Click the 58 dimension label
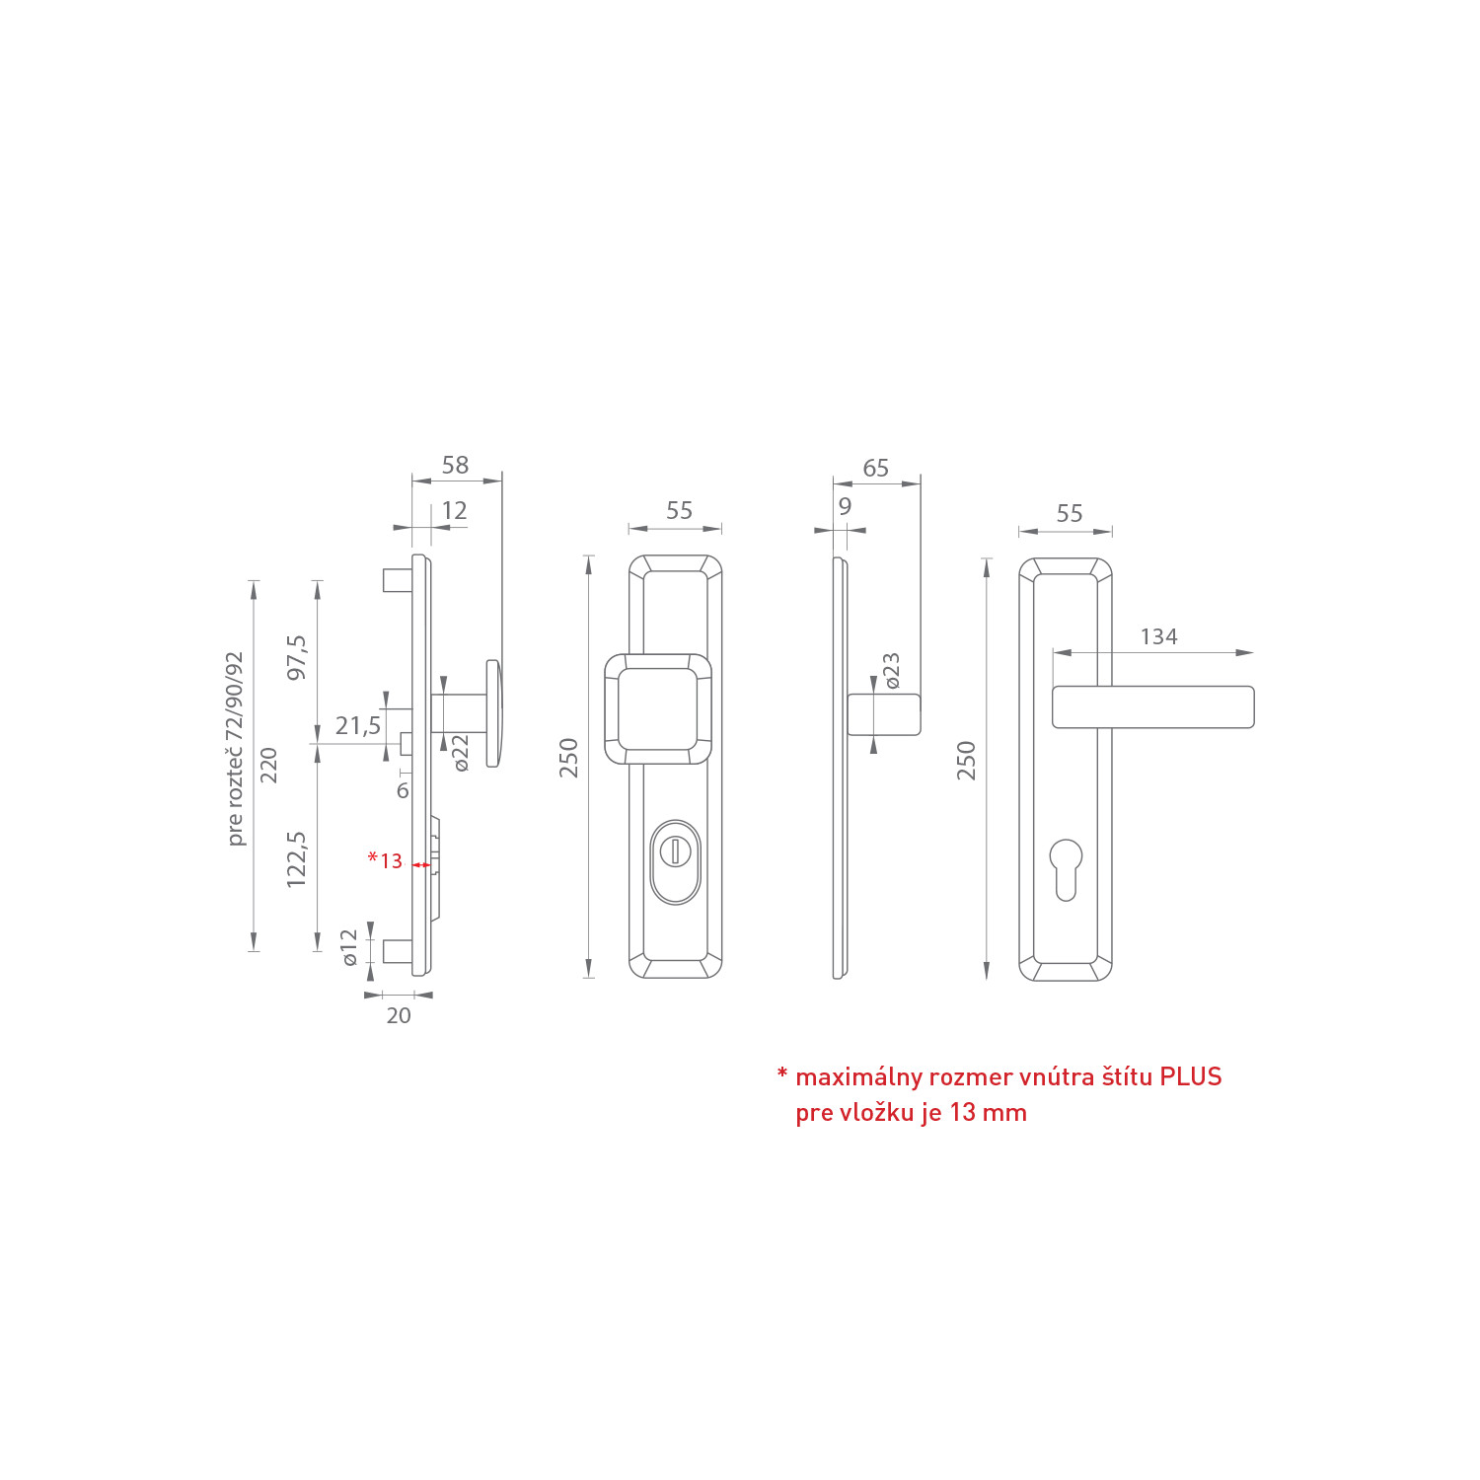tap(455, 465)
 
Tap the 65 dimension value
tap(875, 468)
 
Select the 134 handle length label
tap(1158, 636)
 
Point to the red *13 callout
tap(385, 860)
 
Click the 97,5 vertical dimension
tap(296, 657)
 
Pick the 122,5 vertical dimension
tap(296, 858)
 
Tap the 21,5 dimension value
tap(357, 726)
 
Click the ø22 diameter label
tap(461, 753)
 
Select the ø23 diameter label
tap(892, 670)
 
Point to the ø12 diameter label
tap(349, 947)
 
